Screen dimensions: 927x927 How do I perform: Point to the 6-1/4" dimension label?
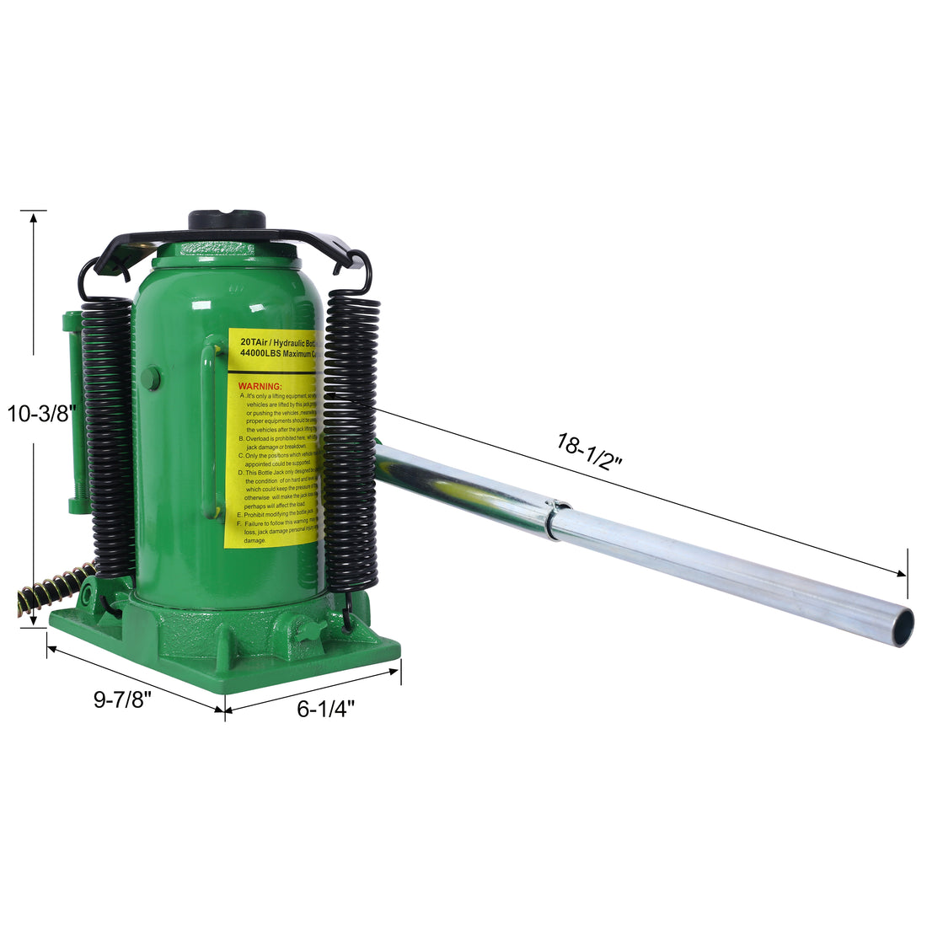pyautogui.click(x=325, y=709)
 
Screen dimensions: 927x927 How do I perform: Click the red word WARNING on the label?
pyautogui.click(x=260, y=386)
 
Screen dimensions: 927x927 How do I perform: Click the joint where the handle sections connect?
pyautogui.click(x=557, y=517)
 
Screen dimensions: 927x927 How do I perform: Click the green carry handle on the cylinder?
pyautogui.click(x=207, y=430)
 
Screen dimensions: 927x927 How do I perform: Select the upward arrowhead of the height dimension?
pyautogui.click(x=33, y=217)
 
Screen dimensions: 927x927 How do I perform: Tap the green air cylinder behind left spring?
pyautogui.click(x=73, y=413)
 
